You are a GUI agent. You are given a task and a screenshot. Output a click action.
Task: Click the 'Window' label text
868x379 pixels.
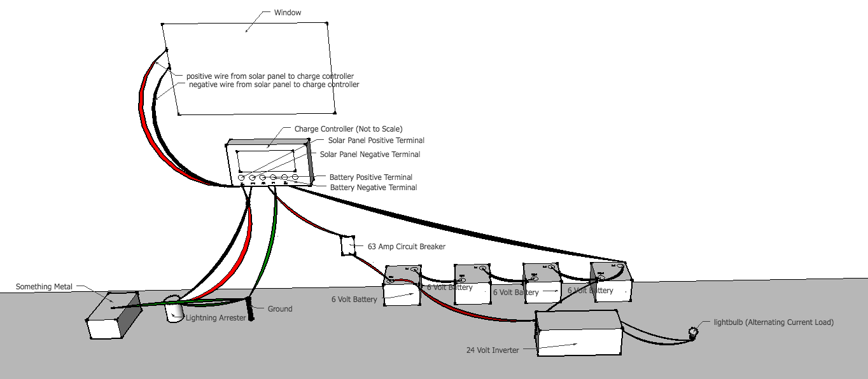click(x=287, y=13)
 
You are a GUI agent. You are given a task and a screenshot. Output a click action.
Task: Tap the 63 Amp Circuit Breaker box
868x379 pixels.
click(x=347, y=245)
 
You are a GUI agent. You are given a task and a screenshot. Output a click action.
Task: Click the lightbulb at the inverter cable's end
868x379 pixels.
click(x=693, y=331)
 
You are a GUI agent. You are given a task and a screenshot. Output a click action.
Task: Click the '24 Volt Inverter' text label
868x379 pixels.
click(x=493, y=350)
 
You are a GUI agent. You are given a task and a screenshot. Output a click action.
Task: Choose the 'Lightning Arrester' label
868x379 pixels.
click(x=215, y=318)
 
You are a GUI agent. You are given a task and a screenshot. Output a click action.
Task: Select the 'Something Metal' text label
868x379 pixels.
click(x=42, y=287)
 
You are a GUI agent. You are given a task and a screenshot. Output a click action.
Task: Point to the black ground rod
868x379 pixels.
click(x=249, y=310)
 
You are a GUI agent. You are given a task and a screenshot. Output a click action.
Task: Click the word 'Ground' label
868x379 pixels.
click(x=279, y=309)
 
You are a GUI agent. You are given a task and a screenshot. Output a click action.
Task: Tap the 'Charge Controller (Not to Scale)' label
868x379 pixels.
click(x=348, y=129)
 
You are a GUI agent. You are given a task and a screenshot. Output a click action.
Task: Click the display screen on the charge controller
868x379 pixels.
click(x=265, y=160)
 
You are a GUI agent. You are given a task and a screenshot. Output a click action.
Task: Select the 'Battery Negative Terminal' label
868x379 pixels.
click(x=374, y=188)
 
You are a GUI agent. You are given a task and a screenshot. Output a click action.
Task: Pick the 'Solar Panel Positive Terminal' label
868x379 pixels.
click(x=376, y=141)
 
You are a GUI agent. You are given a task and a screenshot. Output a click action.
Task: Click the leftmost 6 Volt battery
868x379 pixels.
click(x=402, y=287)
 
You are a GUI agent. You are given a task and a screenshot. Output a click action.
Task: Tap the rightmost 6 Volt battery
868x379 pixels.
click(x=611, y=280)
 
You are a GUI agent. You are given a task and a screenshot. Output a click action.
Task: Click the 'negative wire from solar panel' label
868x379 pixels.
click(x=274, y=85)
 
